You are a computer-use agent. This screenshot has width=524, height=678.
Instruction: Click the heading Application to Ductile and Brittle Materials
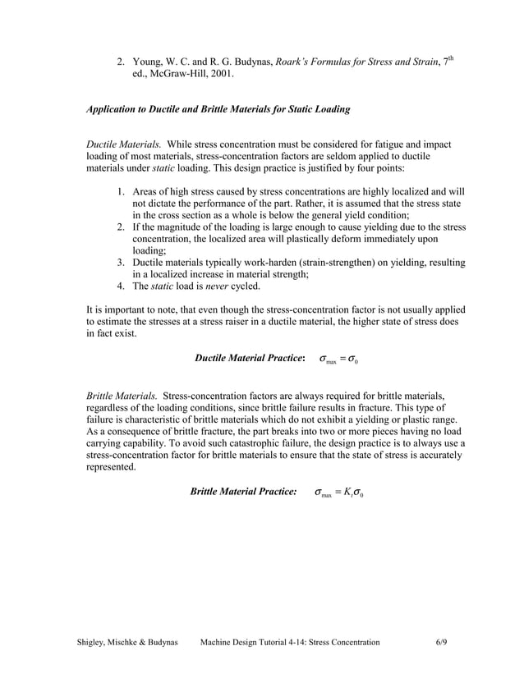[x=218, y=109]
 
